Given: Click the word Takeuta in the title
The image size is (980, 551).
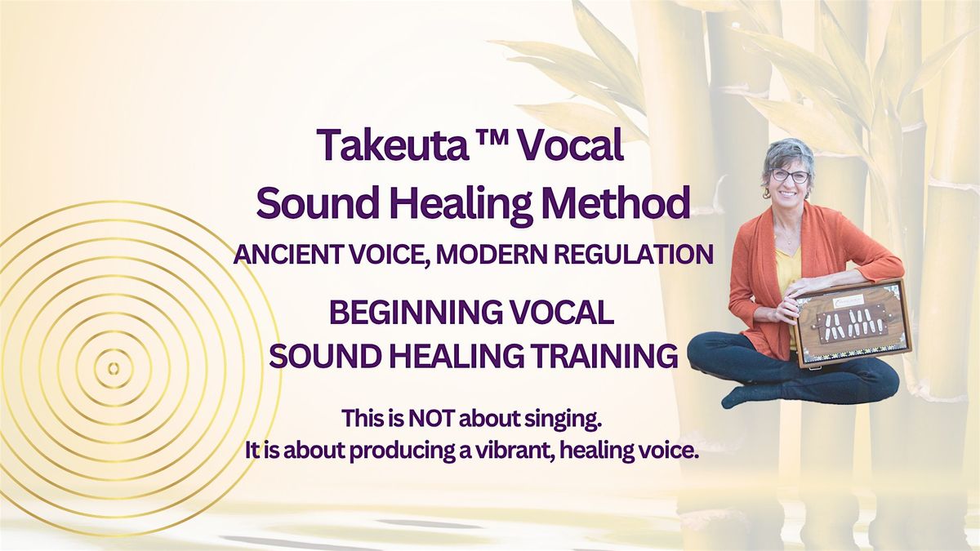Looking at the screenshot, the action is click(x=391, y=144).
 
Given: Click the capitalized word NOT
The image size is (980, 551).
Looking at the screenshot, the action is click(x=431, y=419).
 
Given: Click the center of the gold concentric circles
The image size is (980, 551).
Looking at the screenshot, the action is click(x=114, y=368).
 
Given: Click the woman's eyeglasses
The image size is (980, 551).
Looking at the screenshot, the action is click(x=791, y=176).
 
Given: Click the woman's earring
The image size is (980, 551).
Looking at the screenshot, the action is click(x=767, y=193).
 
